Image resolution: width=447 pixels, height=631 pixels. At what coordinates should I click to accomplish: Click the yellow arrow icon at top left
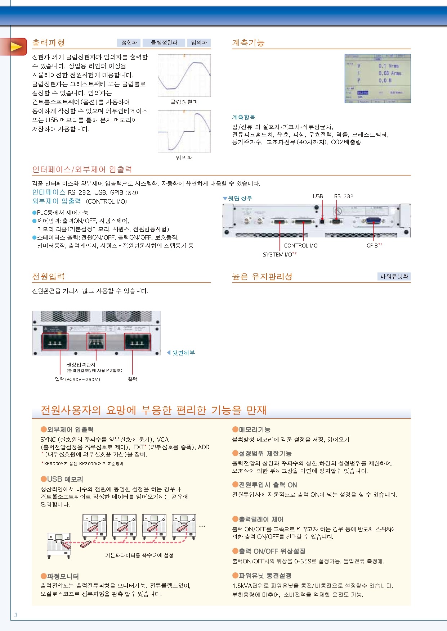pyautogui.click(x=16, y=47)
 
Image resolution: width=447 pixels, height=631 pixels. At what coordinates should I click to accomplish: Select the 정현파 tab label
pyautogui.click(x=129, y=43)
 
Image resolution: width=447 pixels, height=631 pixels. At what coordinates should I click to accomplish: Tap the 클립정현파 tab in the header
pyautogui.click(x=164, y=43)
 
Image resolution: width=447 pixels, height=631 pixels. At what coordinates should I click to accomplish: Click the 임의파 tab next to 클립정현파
pyautogui.click(x=199, y=43)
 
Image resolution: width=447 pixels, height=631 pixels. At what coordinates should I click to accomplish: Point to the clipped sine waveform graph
pyautogui.click(x=184, y=76)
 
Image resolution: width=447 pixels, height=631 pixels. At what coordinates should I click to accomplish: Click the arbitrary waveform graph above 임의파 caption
pyautogui.click(x=184, y=131)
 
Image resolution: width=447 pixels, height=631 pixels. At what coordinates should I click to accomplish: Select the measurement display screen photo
pyautogui.click(x=377, y=78)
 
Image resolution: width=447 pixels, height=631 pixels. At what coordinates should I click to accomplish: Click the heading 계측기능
pyautogui.click(x=248, y=43)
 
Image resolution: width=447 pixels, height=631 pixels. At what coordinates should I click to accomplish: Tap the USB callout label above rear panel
pyautogui.click(x=318, y=196)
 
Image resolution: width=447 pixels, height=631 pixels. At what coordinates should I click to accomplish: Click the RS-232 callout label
pyautogui.click(x=344, y=196)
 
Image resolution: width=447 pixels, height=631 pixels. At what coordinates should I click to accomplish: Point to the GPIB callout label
pyautogui.click(x=372, y=246)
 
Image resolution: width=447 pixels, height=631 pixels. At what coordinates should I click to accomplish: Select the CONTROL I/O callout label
pyautogui.click(x=301, y=246)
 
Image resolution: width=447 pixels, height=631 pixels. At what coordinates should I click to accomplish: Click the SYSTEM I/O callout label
pyautogui.click(x=278, y=255)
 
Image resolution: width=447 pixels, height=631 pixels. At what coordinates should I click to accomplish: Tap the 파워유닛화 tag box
pyautogui.click(x=394, y=276)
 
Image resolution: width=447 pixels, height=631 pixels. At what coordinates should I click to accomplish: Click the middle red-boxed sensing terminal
pyautogui.click(x=96, y=341)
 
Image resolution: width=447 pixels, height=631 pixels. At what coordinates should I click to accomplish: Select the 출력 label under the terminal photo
pyautogui.click(x=133, y=379)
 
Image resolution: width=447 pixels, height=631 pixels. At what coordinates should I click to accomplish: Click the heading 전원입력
pyautogui.click(x=48, y=277)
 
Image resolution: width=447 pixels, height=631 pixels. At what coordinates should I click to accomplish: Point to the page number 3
pyautogui.click(x=16, y=615)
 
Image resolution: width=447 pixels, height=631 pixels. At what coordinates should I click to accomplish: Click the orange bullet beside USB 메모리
pyautogui.click(x=44, y=479)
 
